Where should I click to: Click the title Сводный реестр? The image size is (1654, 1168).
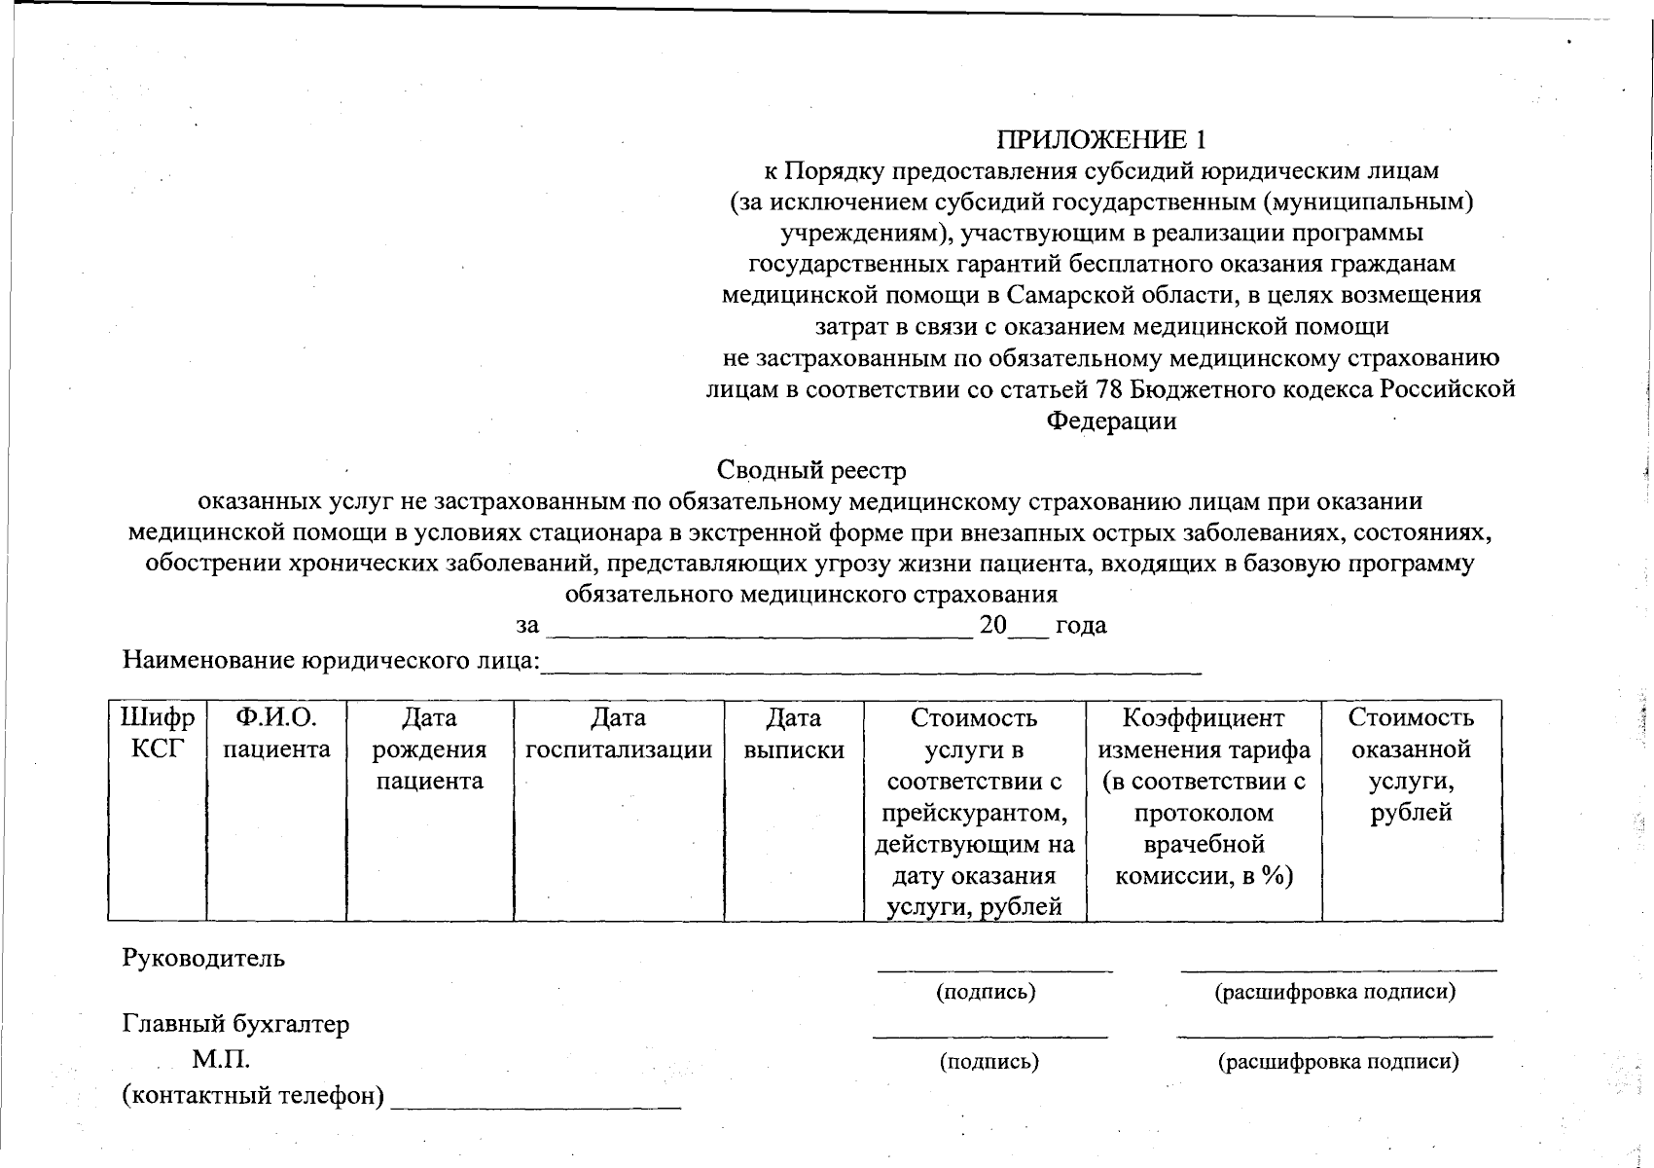[811, 471]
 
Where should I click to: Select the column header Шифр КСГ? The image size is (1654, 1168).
[157, 734]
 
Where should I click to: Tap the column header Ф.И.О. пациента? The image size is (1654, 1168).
[276, 734]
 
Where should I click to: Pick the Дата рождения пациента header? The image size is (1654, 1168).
[429, 749]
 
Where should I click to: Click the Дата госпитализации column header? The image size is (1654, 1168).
[618, 734]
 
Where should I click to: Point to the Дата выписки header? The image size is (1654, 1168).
[793, 734]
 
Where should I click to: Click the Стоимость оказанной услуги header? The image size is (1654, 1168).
[1411, 765]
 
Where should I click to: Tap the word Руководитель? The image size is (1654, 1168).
[203, 958]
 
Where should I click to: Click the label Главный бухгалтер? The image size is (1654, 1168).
[235, 1024]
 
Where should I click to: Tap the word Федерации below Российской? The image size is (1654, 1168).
[1111, 421]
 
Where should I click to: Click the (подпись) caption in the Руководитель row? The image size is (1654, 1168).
[986, 993]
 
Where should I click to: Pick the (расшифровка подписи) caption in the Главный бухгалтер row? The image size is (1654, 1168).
[1338, 1062]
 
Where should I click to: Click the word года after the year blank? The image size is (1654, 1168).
[1081, 625]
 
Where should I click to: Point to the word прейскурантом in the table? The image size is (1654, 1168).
[974, 813]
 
